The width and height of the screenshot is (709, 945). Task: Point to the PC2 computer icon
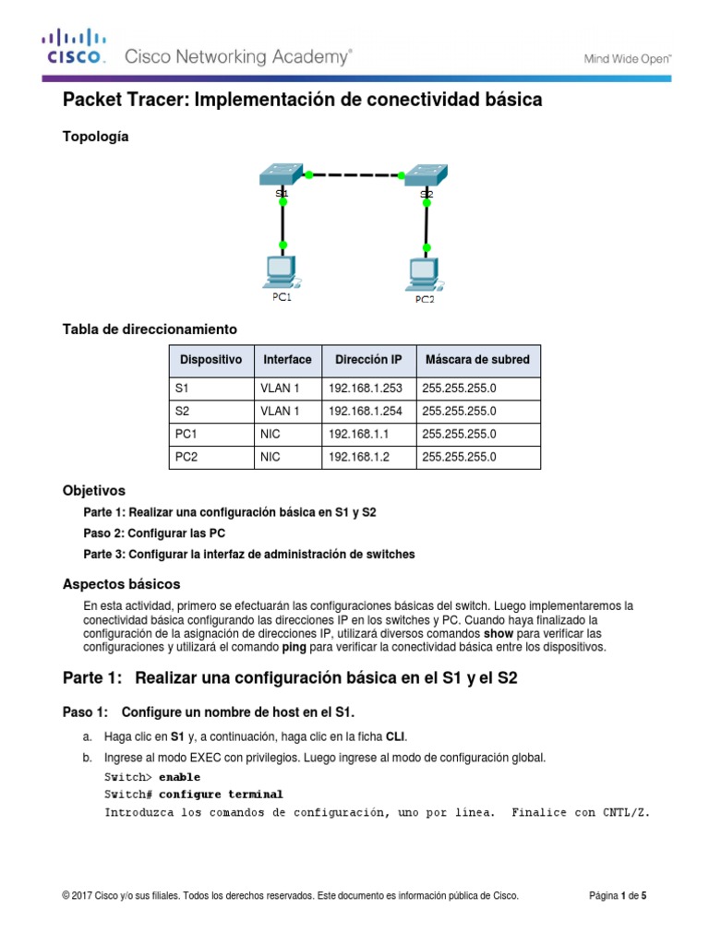pyautogui.click(x=425, y=272)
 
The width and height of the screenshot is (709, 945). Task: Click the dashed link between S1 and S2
pyautogui.click(x=354, y=173)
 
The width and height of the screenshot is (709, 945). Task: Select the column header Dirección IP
pyautogui.click(x=367, y=359)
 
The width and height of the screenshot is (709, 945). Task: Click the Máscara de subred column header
pyautogui.click(x=477, y=359)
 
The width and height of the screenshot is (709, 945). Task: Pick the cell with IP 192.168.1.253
pyautogui.click(x=367, y=389)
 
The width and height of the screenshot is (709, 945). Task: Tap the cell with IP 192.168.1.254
pyautogui.click(x=367, y=412)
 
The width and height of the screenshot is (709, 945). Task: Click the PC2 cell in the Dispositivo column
pyautogui.click(x=210, y=457)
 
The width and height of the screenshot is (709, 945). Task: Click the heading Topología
pyautogui.click(x=95, y=137)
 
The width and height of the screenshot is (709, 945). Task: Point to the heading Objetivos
pyautogui.click(x=93, y=490)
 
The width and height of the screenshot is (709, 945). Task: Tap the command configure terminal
pyautogui.click(x=221, y=795)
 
